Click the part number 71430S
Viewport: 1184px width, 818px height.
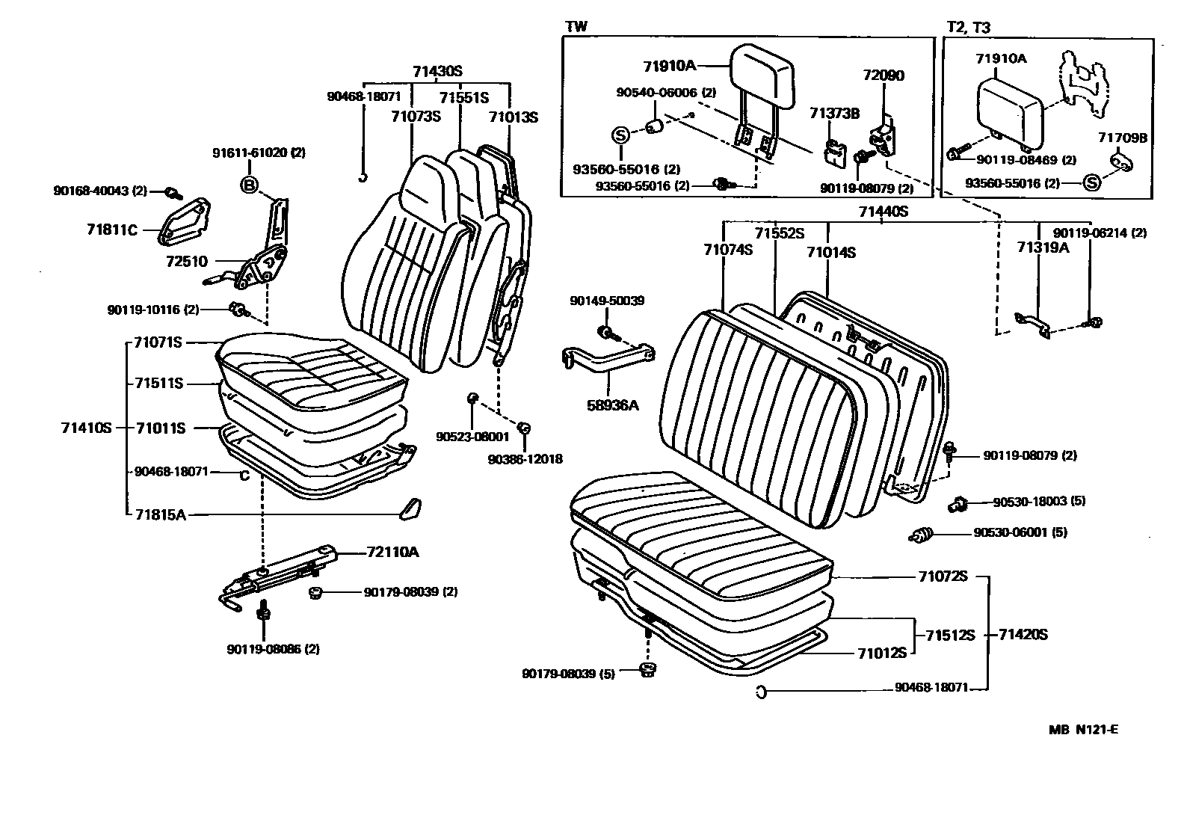click(x=437, y=72)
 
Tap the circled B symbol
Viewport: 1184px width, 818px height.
click(x=249, y=185)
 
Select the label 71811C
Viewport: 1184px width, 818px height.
click(x=112, y=230)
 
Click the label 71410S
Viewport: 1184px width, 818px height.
click(x=86, y=428)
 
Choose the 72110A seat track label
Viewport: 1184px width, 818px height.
click(x=392, y=553)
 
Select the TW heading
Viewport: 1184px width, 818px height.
click(x=576, y=27)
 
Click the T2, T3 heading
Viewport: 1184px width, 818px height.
click(x=968, y=27)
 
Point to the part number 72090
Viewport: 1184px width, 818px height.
click(x=883, y=76)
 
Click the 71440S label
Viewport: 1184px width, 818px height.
click(x=883, y=212)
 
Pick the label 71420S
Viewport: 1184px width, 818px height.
click(x=1023, y=635)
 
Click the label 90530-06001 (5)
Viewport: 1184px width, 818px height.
click(x=1020, y=532)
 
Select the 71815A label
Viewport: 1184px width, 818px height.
click(x=160, y=514)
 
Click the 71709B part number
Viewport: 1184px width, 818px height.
click(x=1123, y=138)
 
